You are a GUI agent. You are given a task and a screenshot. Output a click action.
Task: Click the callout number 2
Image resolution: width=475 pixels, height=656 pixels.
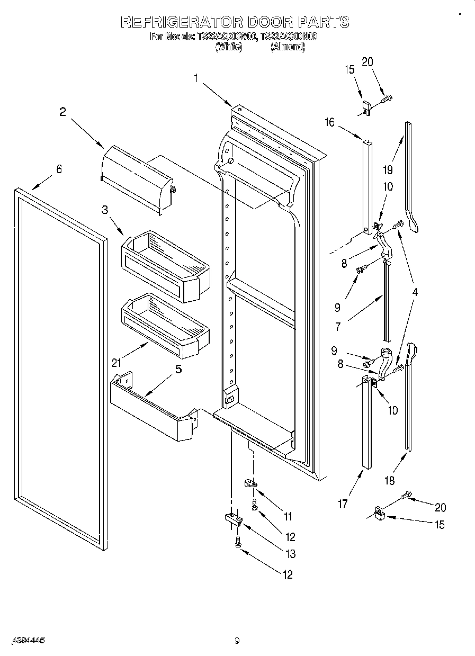(x=62, y=112)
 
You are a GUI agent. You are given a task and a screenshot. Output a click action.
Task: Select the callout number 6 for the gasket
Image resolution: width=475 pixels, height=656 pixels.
(x=59, y=169)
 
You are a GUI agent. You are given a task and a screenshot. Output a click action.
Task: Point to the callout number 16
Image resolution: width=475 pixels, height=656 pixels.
(x=329, y=123)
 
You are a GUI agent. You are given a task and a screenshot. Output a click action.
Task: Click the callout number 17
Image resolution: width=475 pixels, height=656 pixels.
(x=343, y=504)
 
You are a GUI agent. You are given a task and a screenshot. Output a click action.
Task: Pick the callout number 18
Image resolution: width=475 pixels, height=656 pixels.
(x=389, y=481)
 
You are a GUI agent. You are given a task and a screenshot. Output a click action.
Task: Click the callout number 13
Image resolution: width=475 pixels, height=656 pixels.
(x=291, y=554)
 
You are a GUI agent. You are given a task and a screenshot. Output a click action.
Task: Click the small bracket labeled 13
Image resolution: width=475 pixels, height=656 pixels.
(x=232, y=518)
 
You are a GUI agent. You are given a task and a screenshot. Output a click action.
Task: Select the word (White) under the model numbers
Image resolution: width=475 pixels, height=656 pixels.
(x=228, y=47)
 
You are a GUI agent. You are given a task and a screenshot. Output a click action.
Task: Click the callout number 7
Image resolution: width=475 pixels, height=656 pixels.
(x=338, y=327)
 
